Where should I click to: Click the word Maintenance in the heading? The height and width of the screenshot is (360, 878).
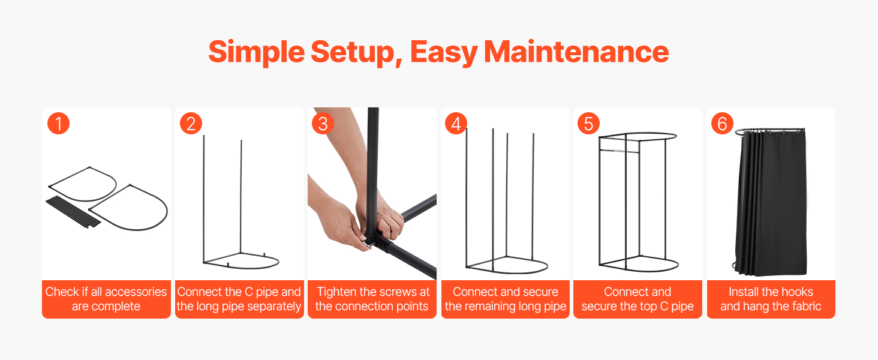coord(576,52)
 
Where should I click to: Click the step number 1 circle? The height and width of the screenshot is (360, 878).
coord(58,124)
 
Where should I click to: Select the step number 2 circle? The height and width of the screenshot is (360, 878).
coord(191,124)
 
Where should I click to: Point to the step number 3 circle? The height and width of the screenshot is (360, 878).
coord(323,124)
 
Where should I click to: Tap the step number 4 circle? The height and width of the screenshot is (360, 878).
coord(456,124)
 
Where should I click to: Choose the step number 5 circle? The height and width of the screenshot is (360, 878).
coord(588,124)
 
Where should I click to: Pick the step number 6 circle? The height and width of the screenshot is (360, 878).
coord(722,124)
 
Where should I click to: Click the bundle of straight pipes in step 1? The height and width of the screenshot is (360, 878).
coord(74,212)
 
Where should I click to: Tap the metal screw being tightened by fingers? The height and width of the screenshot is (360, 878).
coord(369,245)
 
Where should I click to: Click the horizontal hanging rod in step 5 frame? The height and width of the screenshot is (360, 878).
coord(620,151)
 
